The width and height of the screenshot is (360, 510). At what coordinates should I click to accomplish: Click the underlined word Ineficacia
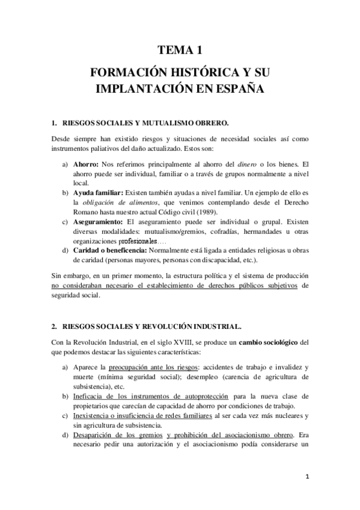click(x=90, y=396)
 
